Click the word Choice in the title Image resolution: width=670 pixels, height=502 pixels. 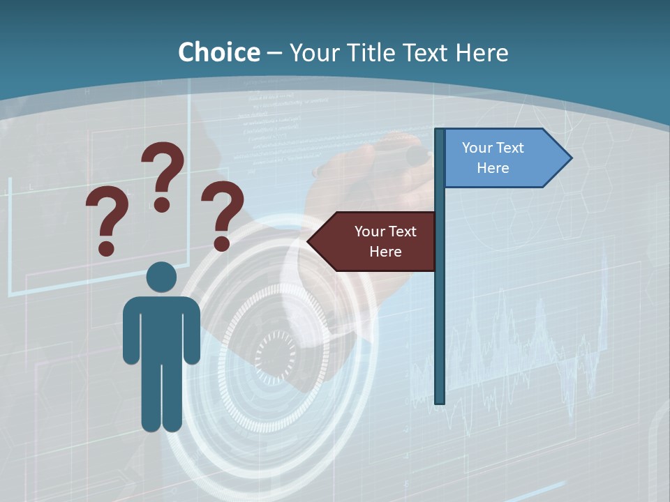point(218,52)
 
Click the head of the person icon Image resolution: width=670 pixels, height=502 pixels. point(161,277)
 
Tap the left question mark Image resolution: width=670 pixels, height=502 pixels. point(107,216)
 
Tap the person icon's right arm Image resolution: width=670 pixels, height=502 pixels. point(191,331)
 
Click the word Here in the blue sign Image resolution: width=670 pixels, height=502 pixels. point(493,168)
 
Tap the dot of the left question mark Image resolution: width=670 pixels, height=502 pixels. point(106,248)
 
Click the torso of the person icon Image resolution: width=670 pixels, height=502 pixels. point(161,328)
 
